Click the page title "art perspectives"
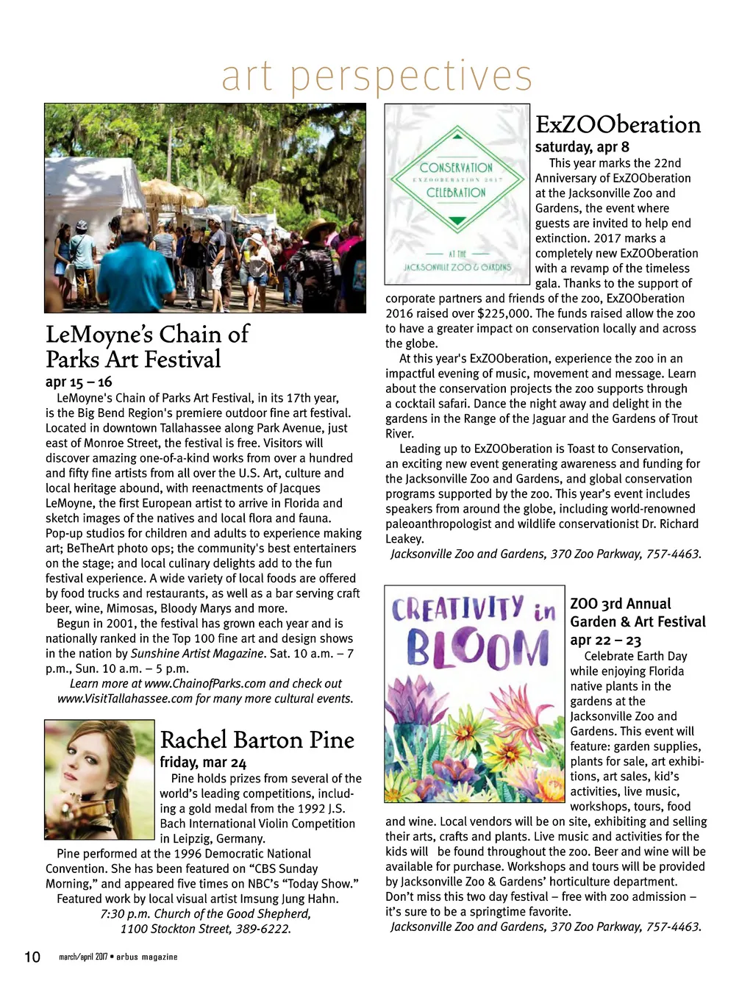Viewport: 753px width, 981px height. tap(376, 76)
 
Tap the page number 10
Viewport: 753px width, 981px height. tap(32, 957)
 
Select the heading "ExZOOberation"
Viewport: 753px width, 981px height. tap(618, 124)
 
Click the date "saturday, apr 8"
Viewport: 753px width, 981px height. tap(582, 146)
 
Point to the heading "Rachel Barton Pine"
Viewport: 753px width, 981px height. tap(257, 740)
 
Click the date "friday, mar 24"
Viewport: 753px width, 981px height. tap(203, 762)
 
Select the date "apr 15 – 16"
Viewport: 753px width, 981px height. tap(79, 382)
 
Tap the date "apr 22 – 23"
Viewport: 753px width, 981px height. tap(605, 640)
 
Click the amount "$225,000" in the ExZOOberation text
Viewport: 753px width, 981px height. tap(507, 313)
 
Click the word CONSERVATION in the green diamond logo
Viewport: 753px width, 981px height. tap(456, 168)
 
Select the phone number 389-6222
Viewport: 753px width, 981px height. tap(263, 929)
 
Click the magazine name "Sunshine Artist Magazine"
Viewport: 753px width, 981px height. tap(197, 653)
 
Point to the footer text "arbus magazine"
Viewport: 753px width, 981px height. tap(146, 957)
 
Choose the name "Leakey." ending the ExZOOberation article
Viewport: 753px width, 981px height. tap(404, 539)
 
